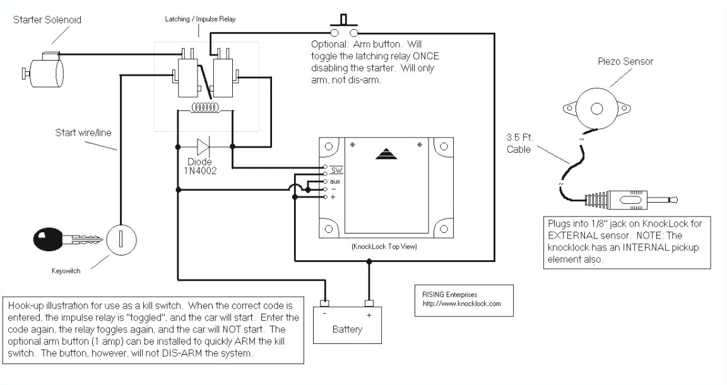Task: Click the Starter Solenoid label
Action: click(x=47, y=20)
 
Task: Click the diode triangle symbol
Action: click(x=203, y=147)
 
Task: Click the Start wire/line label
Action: click(x=82, y=133)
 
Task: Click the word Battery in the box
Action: click(x=347, y=329)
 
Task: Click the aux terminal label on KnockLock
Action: click(x=335, y=181)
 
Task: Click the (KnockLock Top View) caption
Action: click(x=384, y=247)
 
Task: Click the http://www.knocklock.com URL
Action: click(x=462, y=304)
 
